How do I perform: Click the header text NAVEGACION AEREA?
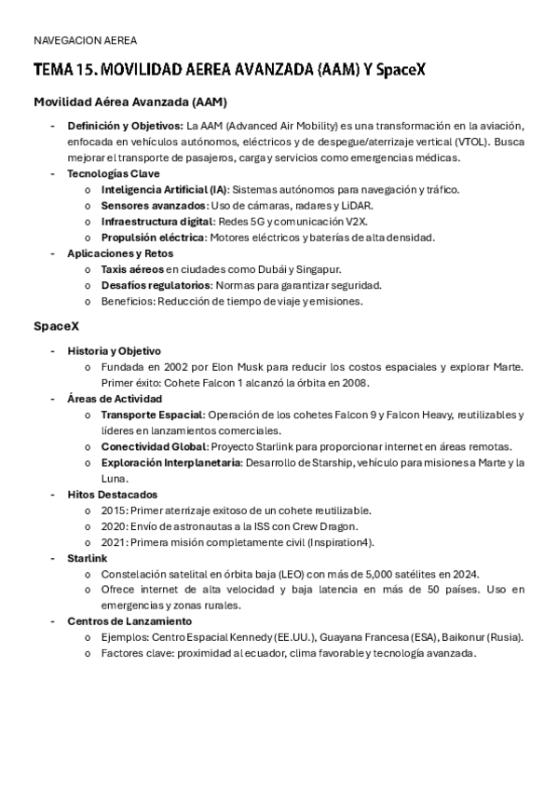click(84, 41)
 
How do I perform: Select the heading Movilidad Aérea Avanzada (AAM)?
click(130, 102)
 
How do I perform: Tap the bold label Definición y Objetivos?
click(125, 126)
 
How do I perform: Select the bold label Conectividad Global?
click(154, 446)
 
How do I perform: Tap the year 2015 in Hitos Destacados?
click(113, 511)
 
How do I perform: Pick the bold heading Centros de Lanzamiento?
click(129, 621)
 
